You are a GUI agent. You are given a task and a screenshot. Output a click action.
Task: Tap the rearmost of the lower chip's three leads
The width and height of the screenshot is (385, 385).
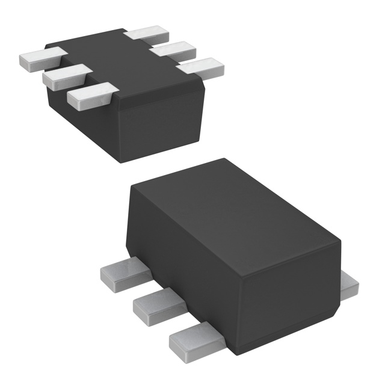[x=123, y=274]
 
